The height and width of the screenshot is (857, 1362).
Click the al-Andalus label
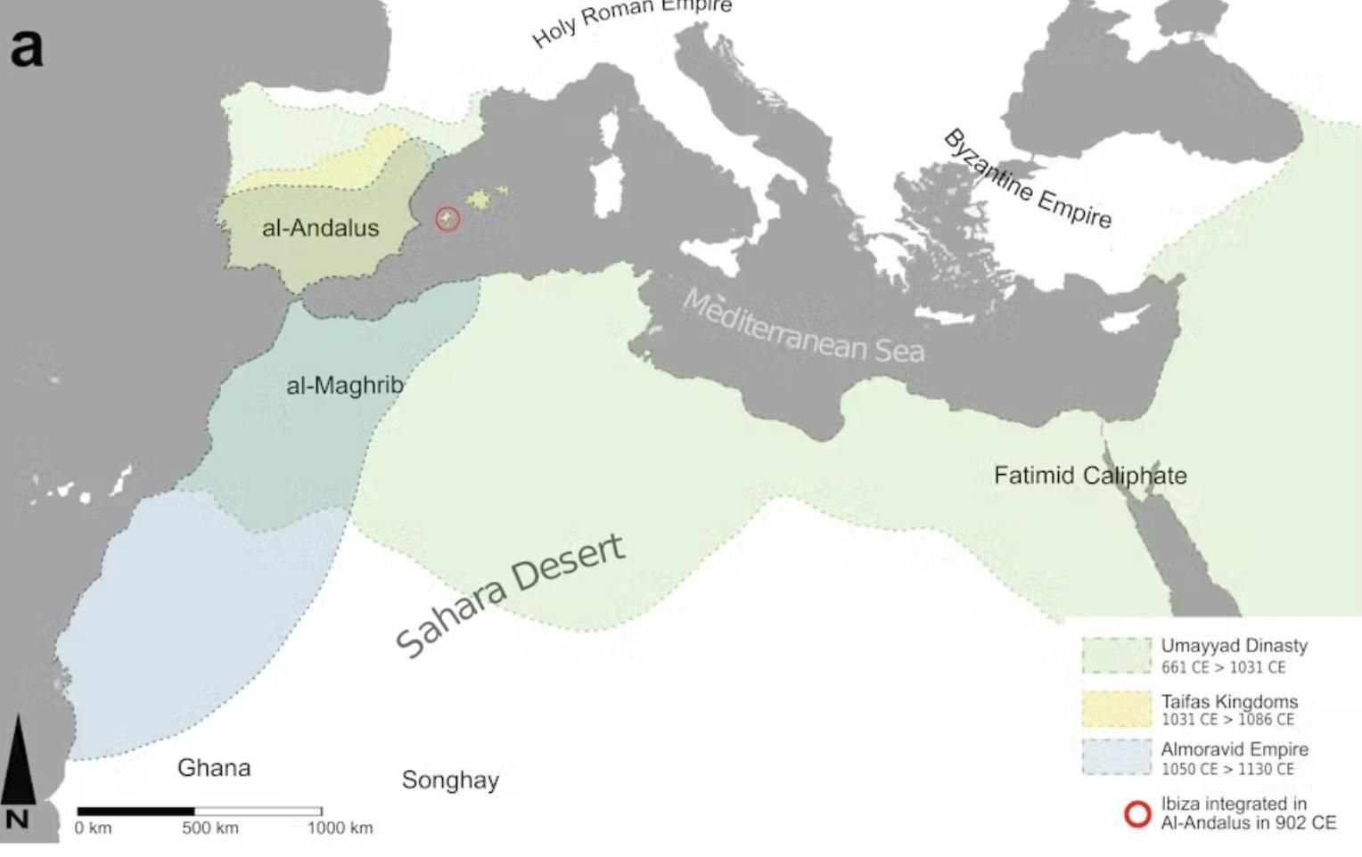320,228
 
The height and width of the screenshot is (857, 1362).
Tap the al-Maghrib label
344,386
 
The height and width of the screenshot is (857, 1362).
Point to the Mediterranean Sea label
802,328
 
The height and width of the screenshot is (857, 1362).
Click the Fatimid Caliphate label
1090,476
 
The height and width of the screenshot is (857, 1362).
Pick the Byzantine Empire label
1027,179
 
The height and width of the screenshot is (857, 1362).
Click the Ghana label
214,768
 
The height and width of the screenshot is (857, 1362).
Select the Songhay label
450,780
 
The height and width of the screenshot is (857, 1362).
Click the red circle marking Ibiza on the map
447,218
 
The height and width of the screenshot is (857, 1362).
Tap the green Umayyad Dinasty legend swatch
1116,656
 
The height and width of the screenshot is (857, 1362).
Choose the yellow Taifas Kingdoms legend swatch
1116,709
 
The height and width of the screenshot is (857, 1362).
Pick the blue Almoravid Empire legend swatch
1116,757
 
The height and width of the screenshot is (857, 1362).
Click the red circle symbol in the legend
1137,813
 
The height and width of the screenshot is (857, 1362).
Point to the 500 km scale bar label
210,828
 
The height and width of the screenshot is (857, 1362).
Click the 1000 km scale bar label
340,828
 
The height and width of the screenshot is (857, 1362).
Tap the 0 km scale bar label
94,828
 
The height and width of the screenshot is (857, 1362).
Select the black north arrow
18,766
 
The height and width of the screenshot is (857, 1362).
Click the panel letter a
27,46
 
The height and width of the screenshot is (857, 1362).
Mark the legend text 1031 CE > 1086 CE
1227,720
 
